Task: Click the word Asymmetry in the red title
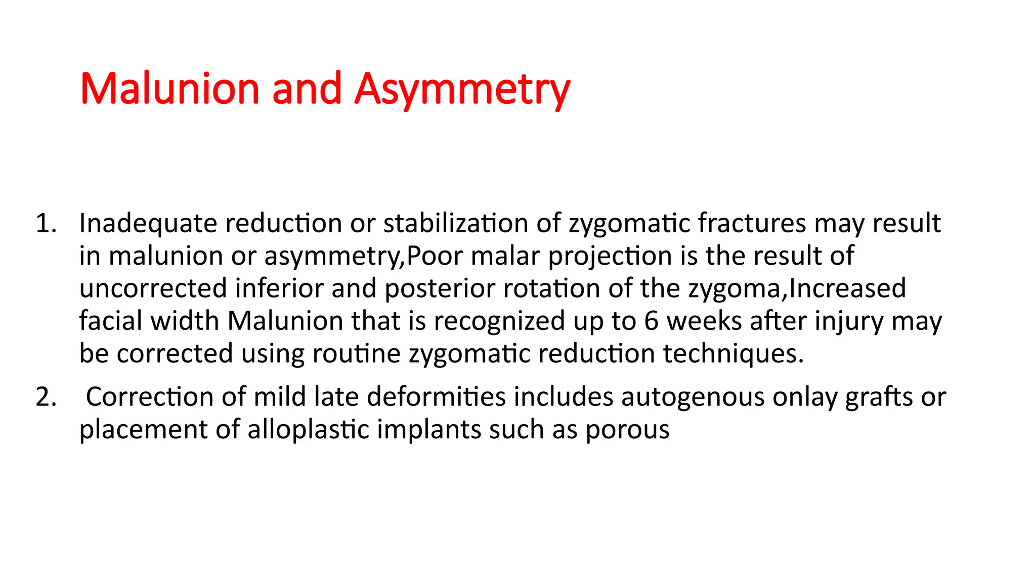462,89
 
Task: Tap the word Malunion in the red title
170,89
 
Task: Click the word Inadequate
148,223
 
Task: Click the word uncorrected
153,288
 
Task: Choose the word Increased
847,288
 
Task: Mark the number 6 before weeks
652,321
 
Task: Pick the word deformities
436,397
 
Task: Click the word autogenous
693,397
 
